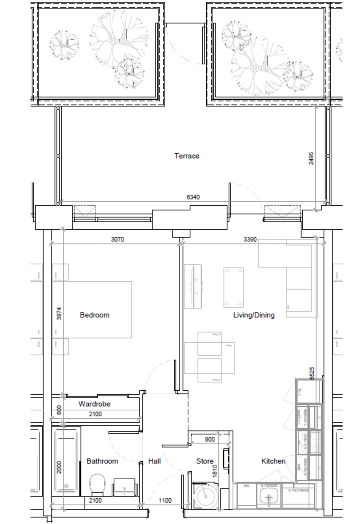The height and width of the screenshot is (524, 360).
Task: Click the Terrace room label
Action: (x=187, y=156)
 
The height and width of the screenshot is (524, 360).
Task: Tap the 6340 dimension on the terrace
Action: (x=193, y=197)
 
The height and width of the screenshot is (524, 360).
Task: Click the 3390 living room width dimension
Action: (x=250, y=240)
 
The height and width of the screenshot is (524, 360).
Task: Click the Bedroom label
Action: (x=94, y=315)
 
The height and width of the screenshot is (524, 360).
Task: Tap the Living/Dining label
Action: (x=254, y=315)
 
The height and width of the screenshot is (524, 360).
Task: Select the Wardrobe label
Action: (x=94, y=404)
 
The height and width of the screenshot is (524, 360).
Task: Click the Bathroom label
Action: (x=102, y=461)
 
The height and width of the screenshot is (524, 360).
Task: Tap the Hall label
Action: (x=155, y=461)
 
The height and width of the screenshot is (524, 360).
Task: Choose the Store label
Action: (x=204, y=461)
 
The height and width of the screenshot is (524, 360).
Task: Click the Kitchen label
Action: (x=273, y=461)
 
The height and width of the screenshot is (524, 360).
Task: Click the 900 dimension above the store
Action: (x=210, y=440)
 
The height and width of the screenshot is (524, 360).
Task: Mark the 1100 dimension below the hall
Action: (x=165, y=501)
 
